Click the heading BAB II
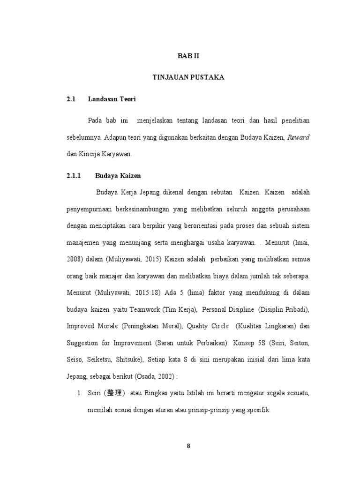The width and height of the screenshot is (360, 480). click(x=188, y=55)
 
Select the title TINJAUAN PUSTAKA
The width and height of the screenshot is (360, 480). click(x=188, y=77)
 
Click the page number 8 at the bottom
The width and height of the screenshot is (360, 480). click(x=188, y=446)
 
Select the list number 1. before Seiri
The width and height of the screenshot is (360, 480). click(x=80, y=393)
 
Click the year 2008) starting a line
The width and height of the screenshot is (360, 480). click(x=76, y=259)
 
